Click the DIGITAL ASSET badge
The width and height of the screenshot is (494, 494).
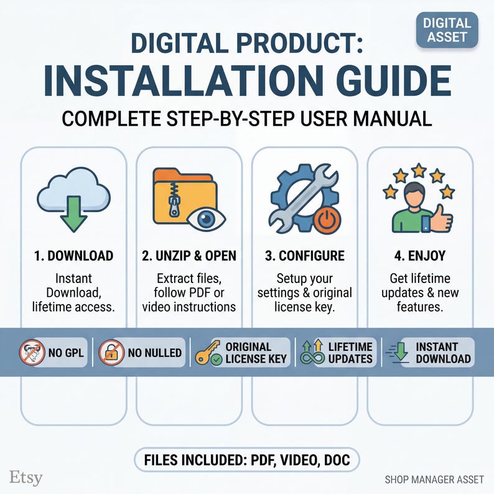(447, 30)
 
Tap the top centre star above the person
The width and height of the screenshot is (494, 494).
(419, 169)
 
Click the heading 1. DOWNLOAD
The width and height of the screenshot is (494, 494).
(73, 256)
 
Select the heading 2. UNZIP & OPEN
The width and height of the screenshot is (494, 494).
(189, 256)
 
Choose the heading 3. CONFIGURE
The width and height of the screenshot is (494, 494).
(304, 256)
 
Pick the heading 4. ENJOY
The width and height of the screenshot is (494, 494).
(419, 256)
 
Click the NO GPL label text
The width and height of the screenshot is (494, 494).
(65, 353)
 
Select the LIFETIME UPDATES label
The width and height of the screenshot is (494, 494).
(350, 353)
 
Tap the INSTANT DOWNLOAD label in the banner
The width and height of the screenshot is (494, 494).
(443, 353)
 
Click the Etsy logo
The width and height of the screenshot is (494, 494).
(27, 477)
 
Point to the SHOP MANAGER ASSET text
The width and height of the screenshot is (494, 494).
(433, 479)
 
